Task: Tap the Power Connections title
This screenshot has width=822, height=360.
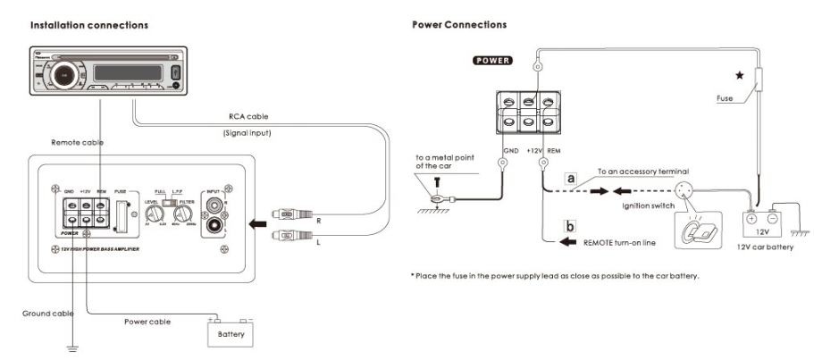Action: (x=458, y=25)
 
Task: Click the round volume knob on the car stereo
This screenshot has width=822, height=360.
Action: (x=66, y=76)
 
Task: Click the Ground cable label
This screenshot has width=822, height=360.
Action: (x=47, y=314)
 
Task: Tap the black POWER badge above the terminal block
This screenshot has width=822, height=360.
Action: (x=491, y=62)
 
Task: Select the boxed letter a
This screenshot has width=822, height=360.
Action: (x=569, y=178)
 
